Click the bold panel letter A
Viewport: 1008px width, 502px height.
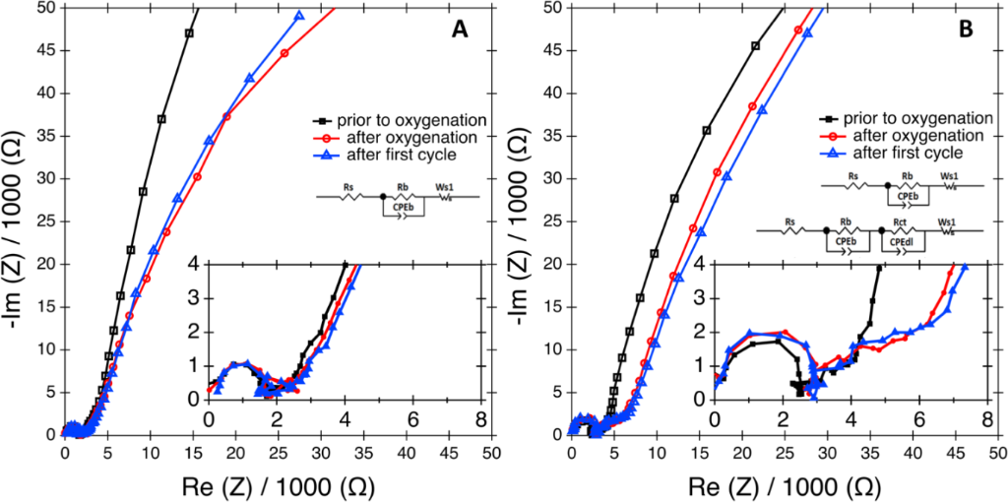[459, 31]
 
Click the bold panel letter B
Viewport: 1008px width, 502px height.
[966, 31]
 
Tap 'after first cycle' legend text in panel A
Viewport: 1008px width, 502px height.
[389, 154]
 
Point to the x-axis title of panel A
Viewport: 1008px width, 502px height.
[279, 484]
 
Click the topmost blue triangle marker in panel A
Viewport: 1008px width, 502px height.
[300, 16]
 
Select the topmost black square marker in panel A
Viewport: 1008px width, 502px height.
[189, 33]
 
